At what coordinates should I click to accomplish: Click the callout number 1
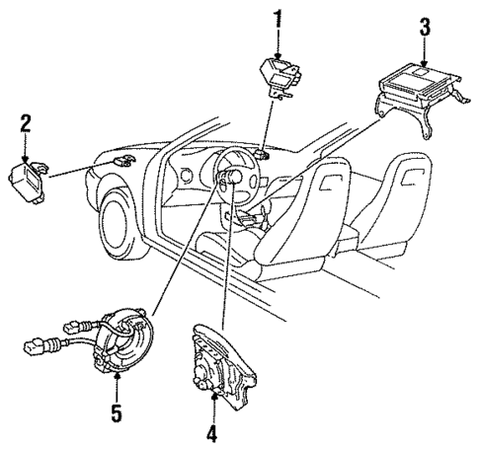pos(278,20)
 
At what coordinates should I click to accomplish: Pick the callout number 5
pos(118,414)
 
